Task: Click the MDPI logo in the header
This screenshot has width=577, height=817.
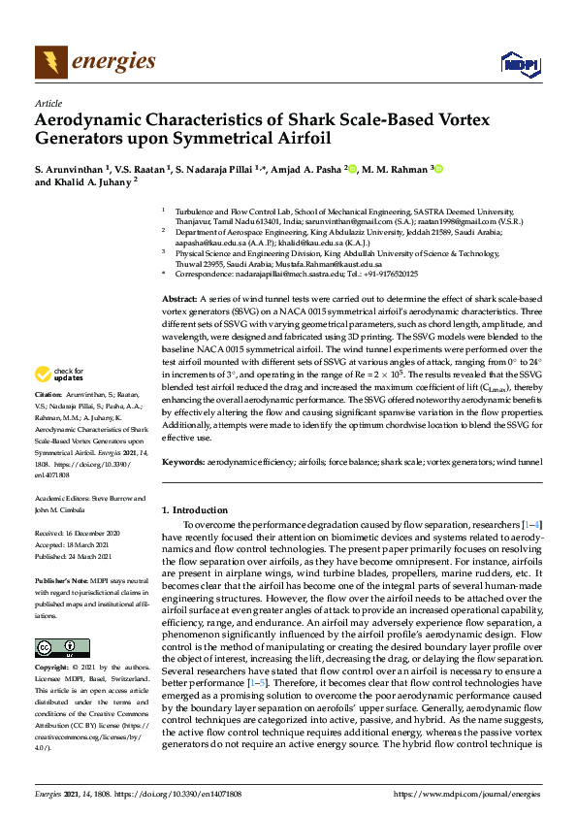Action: (x=519, y=64)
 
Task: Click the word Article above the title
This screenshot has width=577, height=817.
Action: (x=48, y=103)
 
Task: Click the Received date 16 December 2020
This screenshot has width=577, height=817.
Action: (x=78, y=534)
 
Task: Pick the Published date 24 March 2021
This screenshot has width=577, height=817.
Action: (x=78, y=557)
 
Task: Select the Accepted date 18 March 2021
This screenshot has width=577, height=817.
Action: (x=78, y=545)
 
